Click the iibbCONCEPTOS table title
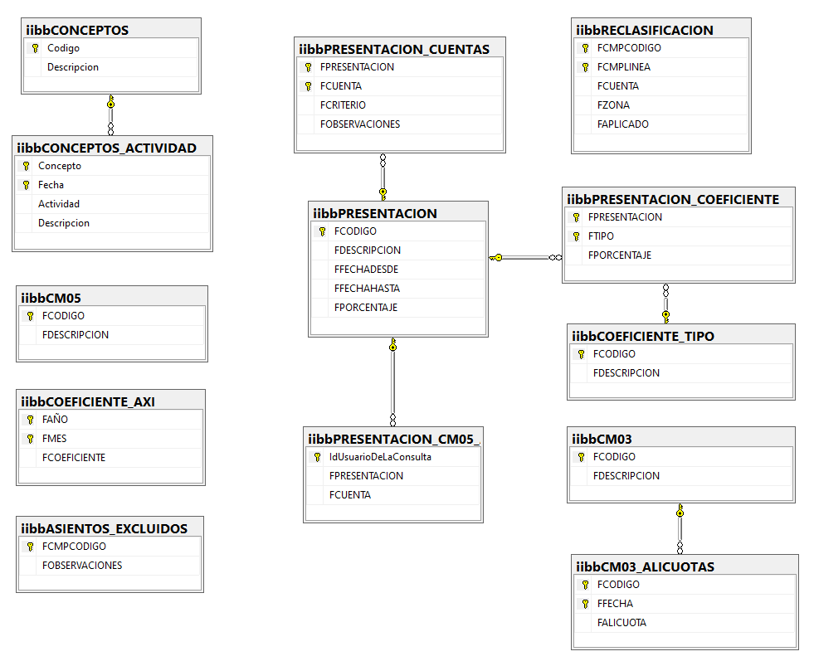pyautogui.click(x=77, y=30)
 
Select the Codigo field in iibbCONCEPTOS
pyautogui.click(x=63, y=48)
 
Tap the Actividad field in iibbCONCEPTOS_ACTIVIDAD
pyautogui.click(x=59, y=204)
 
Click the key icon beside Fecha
pyautogui.click(x=26, y=185)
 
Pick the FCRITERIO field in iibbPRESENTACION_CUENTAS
pyautogui.click(x=343, y=105)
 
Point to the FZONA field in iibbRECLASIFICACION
pyautogui.click(x=613, y=105)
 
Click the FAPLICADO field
pyautogui.click(x=623, y=124)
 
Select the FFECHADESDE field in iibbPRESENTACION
pyautogui.click(x=366, y=270)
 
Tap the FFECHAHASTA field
pyautogui.click(x=367, y=289)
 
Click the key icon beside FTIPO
pyautogui.click(x=576, y=236)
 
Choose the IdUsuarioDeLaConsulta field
pyautogui.click(x=380, y=457)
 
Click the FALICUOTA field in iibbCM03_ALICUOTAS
pyautogui.click(x=621, y=623)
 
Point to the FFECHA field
pyautogui.click(x=615, y=604)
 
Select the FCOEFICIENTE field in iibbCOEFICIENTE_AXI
pyautogui.click(x=74, y=458)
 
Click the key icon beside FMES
pyautogui.click(x=30, y=439)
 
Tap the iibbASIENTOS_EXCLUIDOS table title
pyautogui.click(x=104, y=528)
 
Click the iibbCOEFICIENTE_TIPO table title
pyautogui.click(x=643, y=337)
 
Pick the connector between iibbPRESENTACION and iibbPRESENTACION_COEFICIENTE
pyautogui.click(x=525, y=257)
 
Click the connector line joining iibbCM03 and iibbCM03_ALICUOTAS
pyautogui.click(x=680, y=529)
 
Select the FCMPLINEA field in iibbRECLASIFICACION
pyautogui.click(x=623, y=67)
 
